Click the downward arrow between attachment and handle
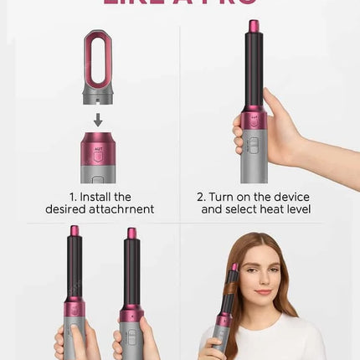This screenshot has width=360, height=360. [x=98, y=120]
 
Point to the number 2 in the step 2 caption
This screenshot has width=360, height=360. [x=200, y=197]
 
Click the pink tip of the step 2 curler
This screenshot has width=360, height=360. [x=254, y=27]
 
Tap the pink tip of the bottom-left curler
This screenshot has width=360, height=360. [x=75, y=231]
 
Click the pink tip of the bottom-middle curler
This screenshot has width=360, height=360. [x=131, y=234]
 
